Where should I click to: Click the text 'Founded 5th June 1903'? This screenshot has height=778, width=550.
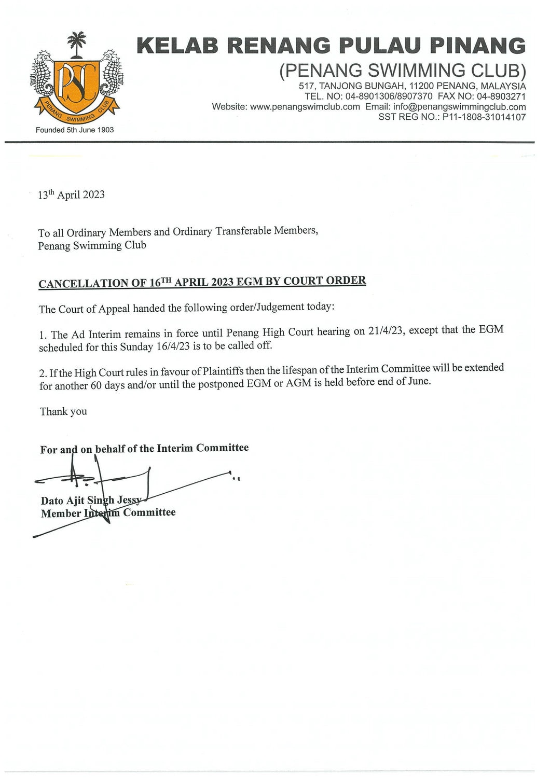coord(75,130)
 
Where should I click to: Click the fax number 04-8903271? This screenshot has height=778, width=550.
coord(501,96)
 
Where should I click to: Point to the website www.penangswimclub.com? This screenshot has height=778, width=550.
coord(305,107)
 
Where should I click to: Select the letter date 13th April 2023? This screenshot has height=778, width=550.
coord(71,195)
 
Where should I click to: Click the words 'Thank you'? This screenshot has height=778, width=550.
coord(63,412)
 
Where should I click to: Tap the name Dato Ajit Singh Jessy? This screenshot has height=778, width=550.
coord(91,501)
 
